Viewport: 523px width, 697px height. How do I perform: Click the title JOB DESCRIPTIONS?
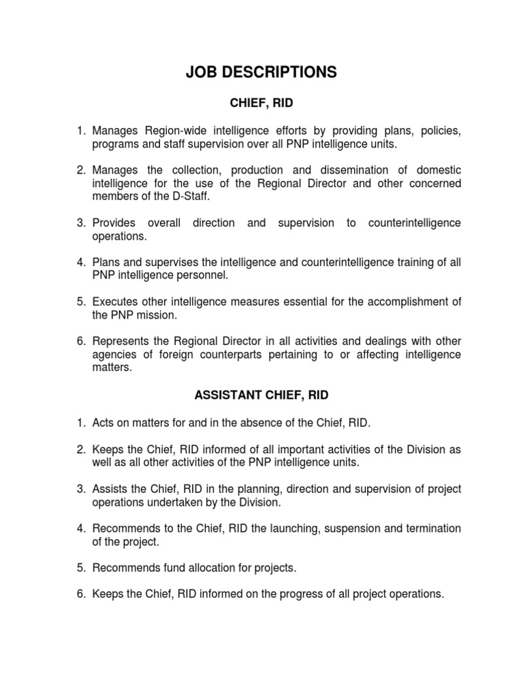click(x=261, y=73)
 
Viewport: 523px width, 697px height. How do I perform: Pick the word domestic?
click(x=434, y=170)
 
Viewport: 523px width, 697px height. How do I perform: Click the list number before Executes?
click(x=80, y=302)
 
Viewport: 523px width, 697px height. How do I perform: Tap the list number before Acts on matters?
click(x=80, y=423)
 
